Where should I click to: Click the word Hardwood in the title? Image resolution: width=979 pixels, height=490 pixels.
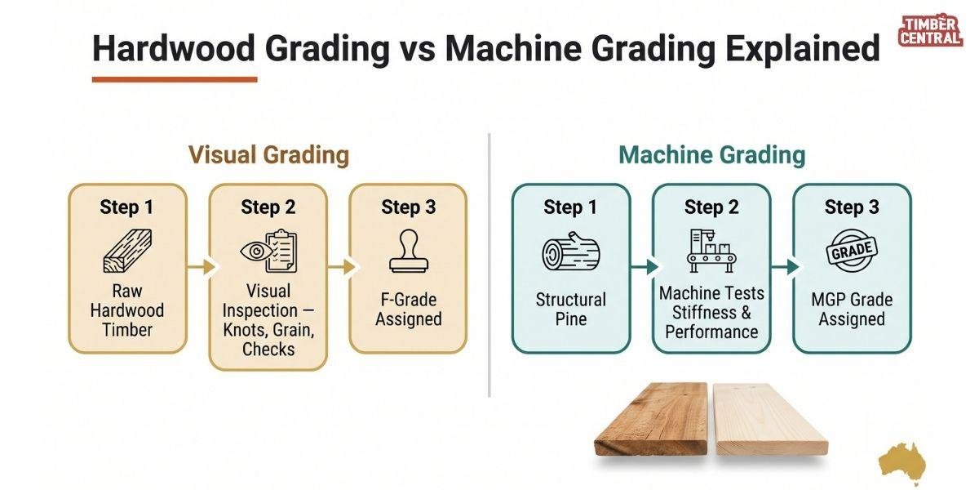pos(174,47)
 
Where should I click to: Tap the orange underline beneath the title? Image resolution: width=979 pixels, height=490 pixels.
pos(175,79)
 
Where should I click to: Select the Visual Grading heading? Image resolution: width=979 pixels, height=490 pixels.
pos(268,155)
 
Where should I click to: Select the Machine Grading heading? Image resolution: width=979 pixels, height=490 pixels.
pos(712,155)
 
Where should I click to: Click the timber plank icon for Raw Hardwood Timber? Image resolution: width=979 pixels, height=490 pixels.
pos(127,251)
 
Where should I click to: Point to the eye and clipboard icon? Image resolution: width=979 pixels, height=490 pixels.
pos(268,251)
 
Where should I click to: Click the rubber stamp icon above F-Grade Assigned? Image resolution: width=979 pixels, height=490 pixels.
pos(409,251)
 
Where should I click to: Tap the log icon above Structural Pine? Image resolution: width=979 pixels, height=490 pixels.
pos(571,252)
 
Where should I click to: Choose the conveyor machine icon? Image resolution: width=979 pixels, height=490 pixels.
pos(711,251)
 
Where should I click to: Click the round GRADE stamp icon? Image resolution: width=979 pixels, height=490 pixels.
pos(852,251)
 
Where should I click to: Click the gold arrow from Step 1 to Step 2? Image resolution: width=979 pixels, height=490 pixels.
pos(202,266)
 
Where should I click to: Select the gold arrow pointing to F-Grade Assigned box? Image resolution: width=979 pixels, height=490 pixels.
pos(343,266)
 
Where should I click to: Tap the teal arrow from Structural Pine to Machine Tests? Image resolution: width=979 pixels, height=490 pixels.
pos(645,266)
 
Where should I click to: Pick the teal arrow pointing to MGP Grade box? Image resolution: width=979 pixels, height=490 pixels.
pos(786,266)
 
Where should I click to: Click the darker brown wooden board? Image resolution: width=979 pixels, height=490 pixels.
pos(651,418)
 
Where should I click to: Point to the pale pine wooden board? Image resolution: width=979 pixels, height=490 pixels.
pos(769,418)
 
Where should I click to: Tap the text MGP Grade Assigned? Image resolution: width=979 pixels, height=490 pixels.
pos(852,310)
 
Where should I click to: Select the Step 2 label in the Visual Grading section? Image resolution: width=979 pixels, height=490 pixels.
pos(268,207)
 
